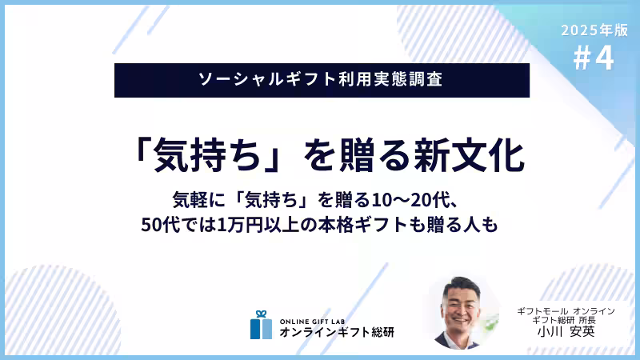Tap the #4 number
[594, 59]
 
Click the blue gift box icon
[260, 325]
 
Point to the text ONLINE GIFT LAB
[315, 318]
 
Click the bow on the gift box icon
[260, 314]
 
